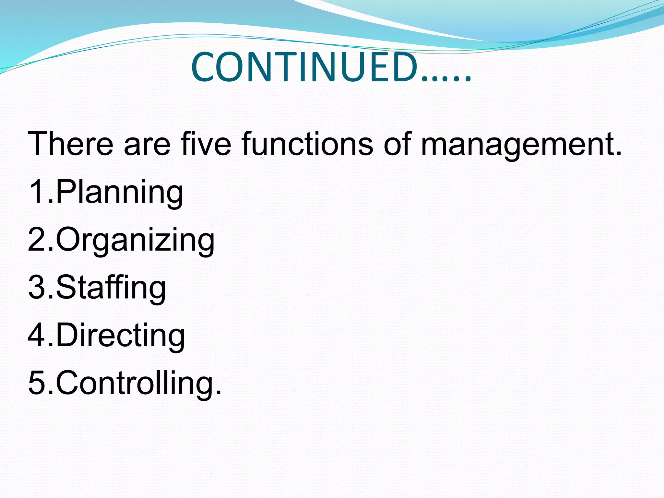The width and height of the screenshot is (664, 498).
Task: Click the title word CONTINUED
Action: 305,67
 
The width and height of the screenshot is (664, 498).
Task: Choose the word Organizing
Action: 135,240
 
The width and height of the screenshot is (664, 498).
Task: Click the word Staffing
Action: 111,288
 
